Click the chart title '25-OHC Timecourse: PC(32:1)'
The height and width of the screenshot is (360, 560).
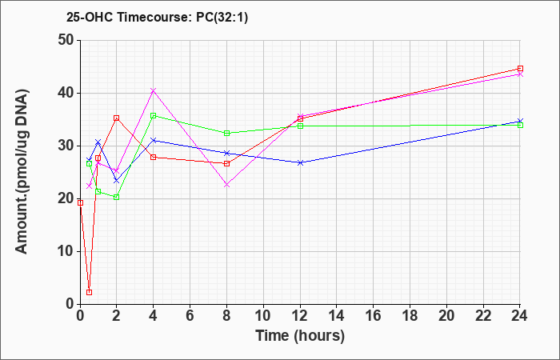157,18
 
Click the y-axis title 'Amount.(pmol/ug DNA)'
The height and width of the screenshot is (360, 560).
22,172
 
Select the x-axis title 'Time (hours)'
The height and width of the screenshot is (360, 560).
300,336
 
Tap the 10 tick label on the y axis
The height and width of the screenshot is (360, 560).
66,251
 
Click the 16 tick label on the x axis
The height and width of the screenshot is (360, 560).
374,316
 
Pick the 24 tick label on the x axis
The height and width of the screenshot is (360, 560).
520,316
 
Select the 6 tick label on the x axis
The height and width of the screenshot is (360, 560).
190,316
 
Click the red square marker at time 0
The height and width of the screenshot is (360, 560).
80,203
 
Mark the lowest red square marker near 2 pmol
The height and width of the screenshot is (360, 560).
90,292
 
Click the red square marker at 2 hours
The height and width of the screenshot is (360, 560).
117,118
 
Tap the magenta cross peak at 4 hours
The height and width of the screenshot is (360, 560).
154,90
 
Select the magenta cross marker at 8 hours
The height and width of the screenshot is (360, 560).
226,185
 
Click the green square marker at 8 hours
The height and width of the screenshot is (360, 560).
226,134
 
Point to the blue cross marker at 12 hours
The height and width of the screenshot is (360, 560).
300,162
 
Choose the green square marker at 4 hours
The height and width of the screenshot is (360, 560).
154,116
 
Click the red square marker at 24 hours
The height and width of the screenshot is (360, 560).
520,69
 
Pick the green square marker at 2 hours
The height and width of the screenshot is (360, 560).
117,197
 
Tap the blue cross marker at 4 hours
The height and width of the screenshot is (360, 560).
154,140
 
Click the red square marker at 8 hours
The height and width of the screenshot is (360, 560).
226,163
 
